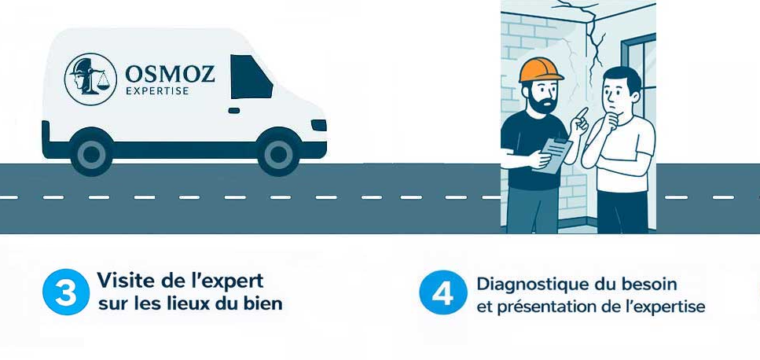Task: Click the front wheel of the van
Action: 278,152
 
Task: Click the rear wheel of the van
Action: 91,152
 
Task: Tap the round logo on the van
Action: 90,79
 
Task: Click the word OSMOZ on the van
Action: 170,75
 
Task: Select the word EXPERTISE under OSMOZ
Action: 157,91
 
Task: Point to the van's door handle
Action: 234,111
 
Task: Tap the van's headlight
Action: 318,125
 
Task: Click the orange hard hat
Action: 541,70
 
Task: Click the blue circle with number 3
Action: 66,292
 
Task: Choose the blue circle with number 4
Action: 443,292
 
